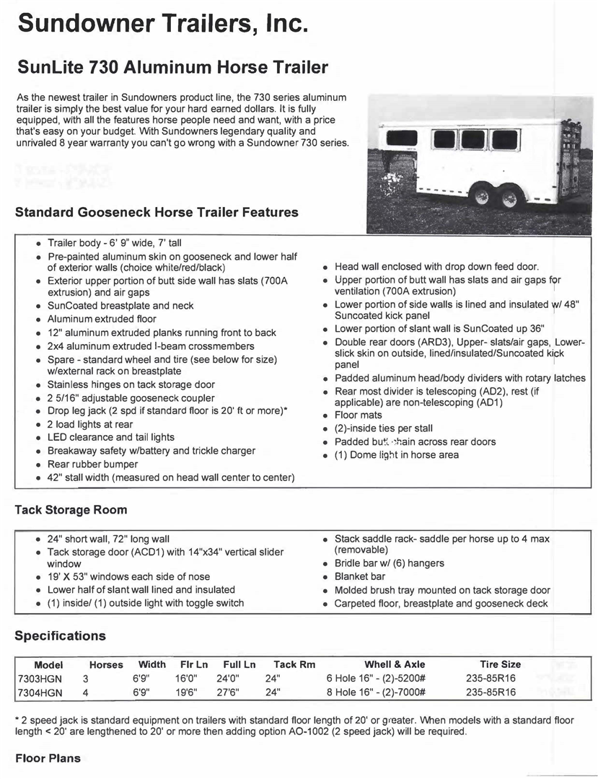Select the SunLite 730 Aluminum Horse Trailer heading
point(172,69)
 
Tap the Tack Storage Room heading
point(71,510)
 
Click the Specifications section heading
point(60,636)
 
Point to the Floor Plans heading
point(48,758)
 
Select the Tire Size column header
point(500,664)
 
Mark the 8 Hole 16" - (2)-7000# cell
point(377,692)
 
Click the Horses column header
point(106,664)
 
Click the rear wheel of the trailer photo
point(510,198)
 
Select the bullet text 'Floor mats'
point(358,415)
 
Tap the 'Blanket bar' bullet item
point(359,576)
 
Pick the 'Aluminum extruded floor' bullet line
point(102,319)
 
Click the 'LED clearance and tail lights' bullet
point(110,437)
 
